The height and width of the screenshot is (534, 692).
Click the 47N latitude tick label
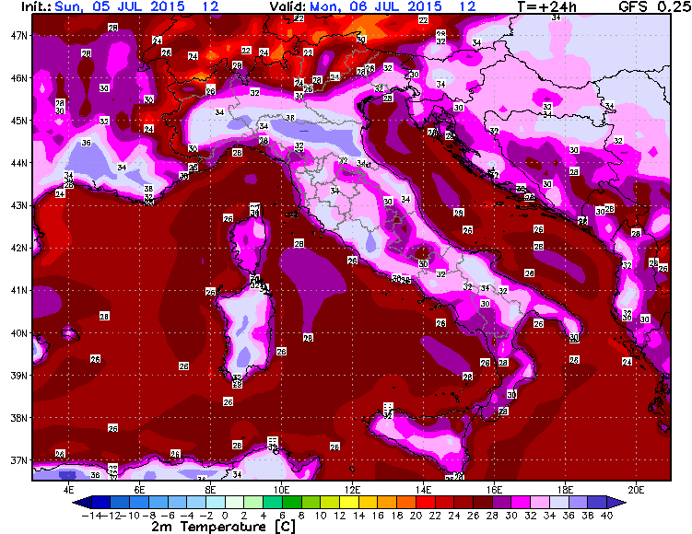(x=18, y=35)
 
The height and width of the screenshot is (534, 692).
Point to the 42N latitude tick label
(x=18, y=247)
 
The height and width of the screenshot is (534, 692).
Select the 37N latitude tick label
(x=18, y=460)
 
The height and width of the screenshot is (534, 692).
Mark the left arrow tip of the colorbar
(x=73, y=502)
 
